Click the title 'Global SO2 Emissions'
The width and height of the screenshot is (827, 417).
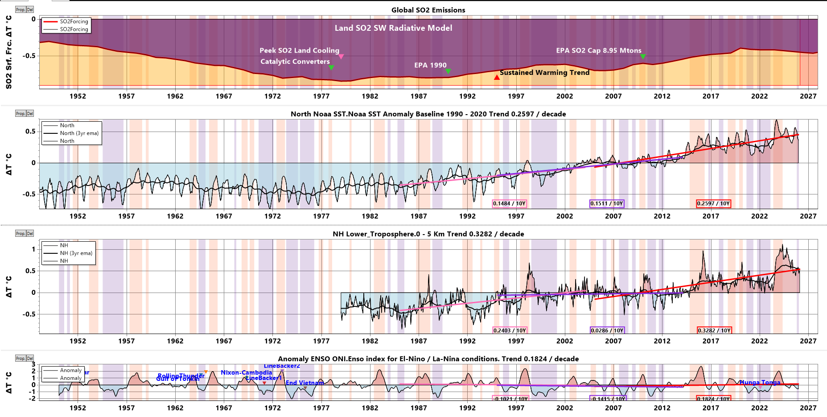tap(428, 10)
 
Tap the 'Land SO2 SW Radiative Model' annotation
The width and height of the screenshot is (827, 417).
tap(393, 28)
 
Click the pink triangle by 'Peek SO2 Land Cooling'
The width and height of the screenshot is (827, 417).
tap(341, 57)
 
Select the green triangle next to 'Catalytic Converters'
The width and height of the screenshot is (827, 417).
tap(331, 67)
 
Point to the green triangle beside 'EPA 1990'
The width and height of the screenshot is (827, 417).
tap(448, 71)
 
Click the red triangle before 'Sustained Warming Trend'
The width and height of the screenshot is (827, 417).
tap(497, 78)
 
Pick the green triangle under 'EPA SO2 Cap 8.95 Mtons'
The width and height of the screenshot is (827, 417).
tap(643, 57)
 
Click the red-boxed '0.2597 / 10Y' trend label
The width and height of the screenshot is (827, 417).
tap(713, 203)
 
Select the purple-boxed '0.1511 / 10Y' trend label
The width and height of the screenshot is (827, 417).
tap(606, 203)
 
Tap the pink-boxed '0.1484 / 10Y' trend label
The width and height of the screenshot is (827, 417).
tap(509, 203)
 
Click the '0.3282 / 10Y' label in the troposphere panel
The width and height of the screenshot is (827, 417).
tap(714, 330)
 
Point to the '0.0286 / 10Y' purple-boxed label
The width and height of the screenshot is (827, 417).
tap(607, 330)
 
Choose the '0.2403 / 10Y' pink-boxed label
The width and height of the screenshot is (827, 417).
tap(510, 330)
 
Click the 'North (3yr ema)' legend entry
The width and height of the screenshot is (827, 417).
tap(79, 133)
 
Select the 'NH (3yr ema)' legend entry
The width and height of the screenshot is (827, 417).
tap(76, 253)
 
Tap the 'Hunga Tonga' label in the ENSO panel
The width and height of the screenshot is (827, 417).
tap(760, 382)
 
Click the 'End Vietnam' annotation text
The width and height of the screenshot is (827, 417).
tap(304, 383)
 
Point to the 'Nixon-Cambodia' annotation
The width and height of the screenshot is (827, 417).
tap(246, 372)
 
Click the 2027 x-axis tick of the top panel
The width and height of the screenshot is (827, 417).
tap(808, 96)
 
